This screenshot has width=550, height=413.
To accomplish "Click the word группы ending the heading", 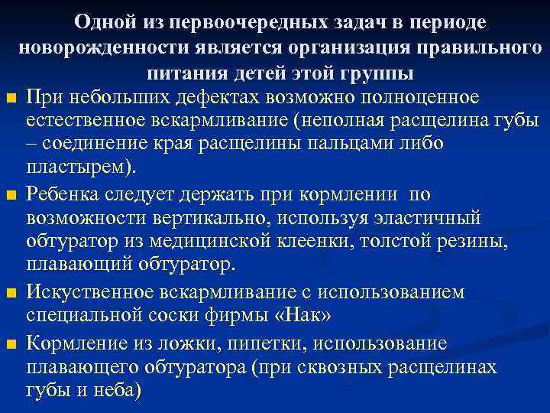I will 376,73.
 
